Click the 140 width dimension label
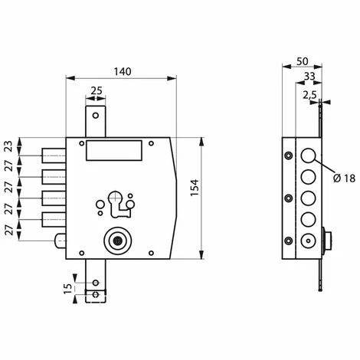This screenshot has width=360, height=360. coord(123,72)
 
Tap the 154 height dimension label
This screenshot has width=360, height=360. coord(195,188)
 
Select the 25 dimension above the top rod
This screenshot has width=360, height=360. coord(97,90)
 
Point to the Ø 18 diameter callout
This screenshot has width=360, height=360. coord(344,178)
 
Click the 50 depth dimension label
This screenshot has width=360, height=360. coord(303,61)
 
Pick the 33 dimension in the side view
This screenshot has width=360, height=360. coord(309,76)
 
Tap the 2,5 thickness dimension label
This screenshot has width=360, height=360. coord(309,95)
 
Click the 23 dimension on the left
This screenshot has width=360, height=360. coord(9,146)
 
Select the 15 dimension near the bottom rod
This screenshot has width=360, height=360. coord(68,289)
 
